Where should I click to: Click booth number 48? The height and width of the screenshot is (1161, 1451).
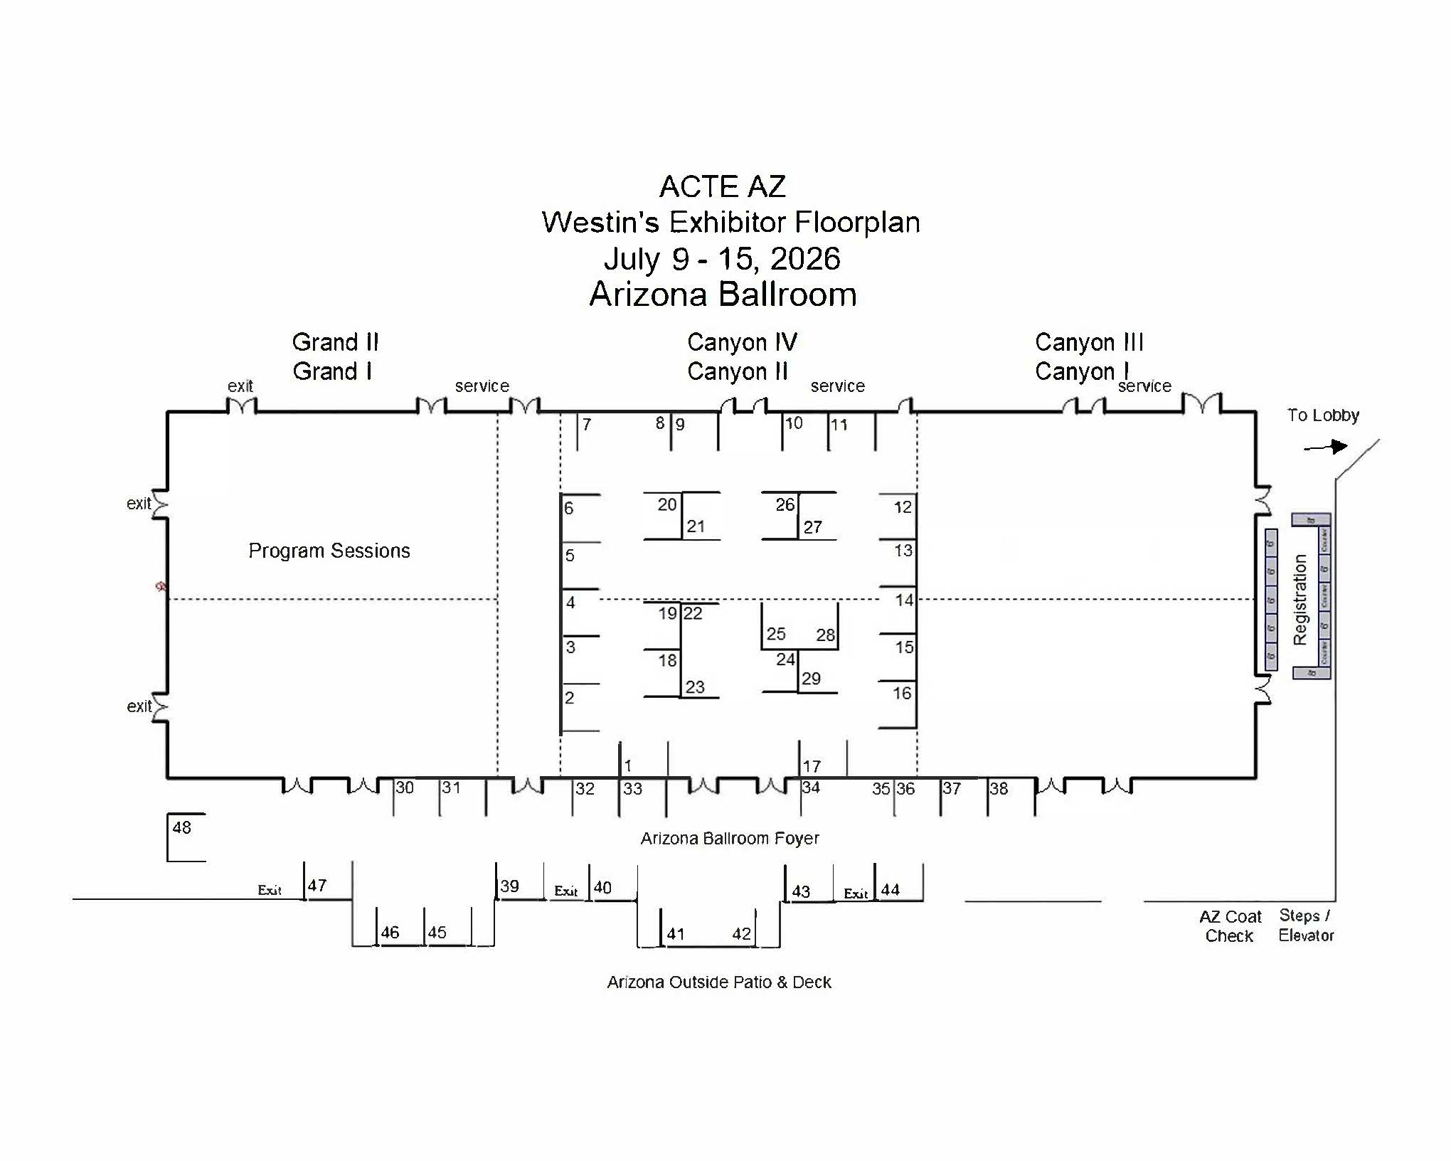pyautogui.click(x=182, y=827)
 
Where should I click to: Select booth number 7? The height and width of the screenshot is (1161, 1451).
pyautogui.click(x=587, y=425)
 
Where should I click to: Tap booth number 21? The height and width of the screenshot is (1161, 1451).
pyautogui.click(x=696, y=526)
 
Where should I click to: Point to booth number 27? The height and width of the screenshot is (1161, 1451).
pyautogui.click(x=813, y=527)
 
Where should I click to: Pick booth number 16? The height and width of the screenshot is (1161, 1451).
pyautogui.click(x=902, y=694)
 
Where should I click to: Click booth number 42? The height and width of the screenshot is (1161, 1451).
pyautogui.click(x=741, y=934)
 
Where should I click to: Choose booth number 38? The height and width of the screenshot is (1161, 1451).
pyautogui.click(x=999, y=788)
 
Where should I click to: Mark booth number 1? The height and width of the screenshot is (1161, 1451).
pyautogui.click(x=628, y=765)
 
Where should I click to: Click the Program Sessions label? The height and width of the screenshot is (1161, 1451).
pyautogui.click(x=329, y=551)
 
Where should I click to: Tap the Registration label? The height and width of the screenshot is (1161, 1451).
pyautogui.click(x=1300, y=600)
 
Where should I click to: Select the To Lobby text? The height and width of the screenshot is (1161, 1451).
pyautogui.click(x=1323, y=415)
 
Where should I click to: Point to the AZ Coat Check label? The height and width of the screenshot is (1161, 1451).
pyautogui.click(x=1230, y=926)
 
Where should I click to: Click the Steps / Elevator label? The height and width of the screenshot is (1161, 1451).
pyautogui.click(x=1306, y=926)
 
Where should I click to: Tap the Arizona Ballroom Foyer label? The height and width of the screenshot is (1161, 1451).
pyautogui.click(x=730, y=839)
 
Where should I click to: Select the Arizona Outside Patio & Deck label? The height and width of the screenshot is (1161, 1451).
pyautogui.click(x=719, y=982)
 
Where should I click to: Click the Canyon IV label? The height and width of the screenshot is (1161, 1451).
pyautogui.click(x=742, y=342)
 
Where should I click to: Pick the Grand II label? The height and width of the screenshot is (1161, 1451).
pyautogui.click(x=335, y=342)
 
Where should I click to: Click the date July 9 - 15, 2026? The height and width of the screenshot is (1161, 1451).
pyautogui.click(x=722, y=259)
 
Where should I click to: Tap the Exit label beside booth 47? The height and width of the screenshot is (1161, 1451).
pyautogui.click(x=270, y=890)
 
